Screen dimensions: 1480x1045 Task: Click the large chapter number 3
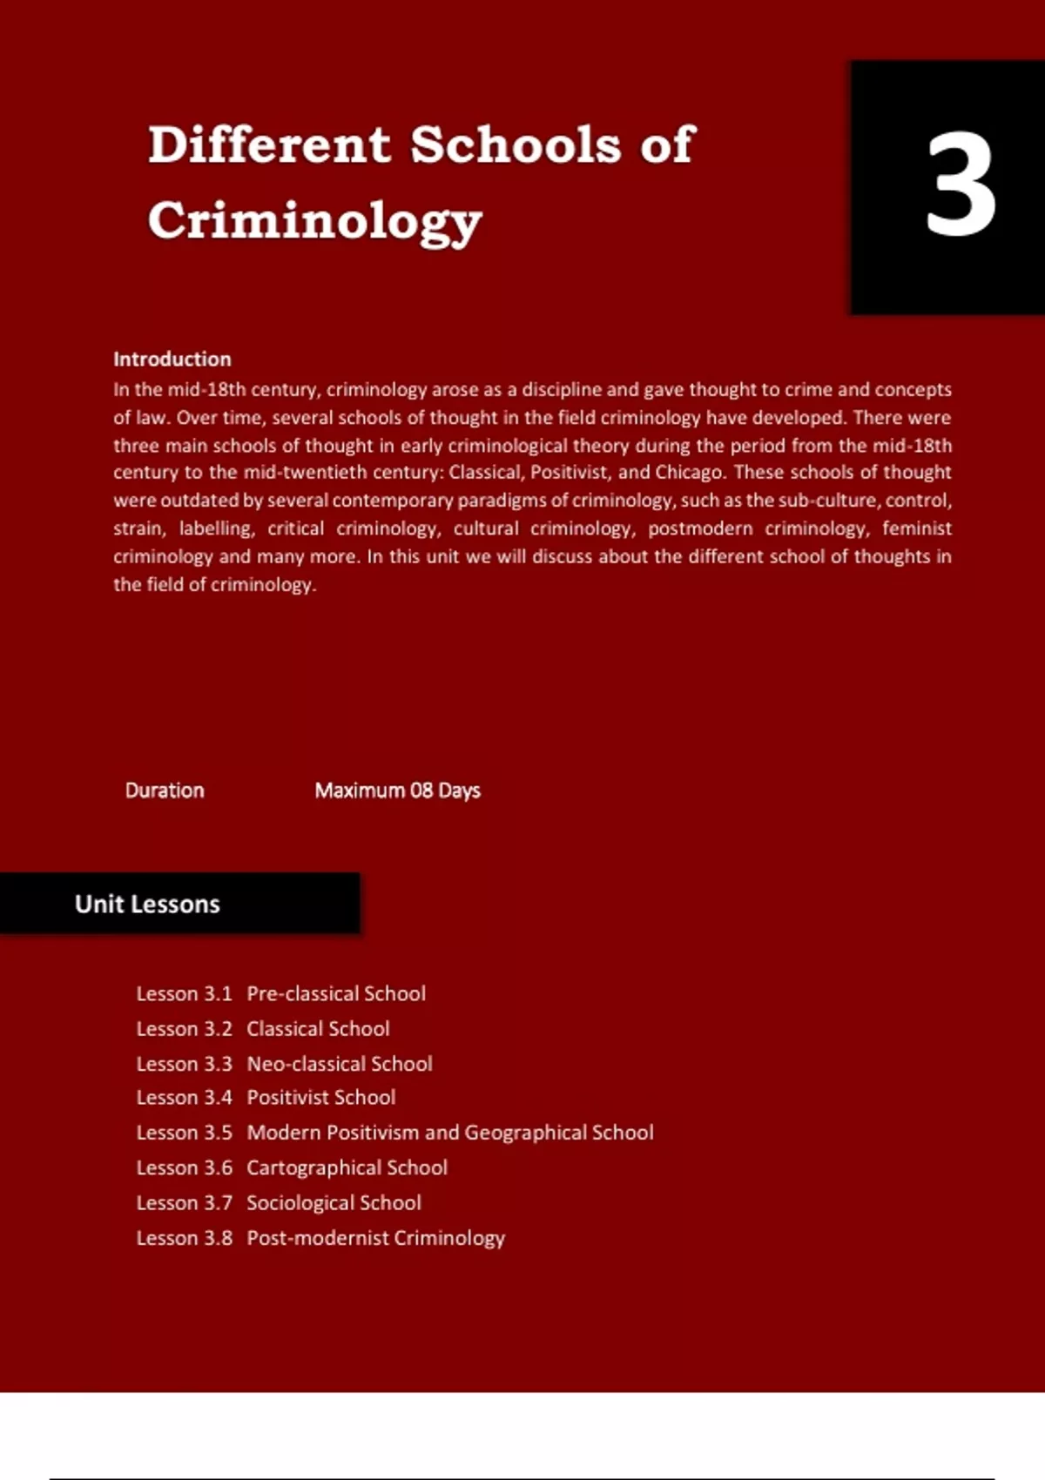(x=960, y=185)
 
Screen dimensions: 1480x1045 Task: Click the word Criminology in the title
(x=314, y=220)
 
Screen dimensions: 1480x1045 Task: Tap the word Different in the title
(x=269, y=145)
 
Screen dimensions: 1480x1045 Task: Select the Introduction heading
(x=172, y=359)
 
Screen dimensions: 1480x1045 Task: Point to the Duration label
(x=165, y=790)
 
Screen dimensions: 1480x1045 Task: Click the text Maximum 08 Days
(x=397, y=790)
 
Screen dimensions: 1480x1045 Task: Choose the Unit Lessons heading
(x=147, y=905)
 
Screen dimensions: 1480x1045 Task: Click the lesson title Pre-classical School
(x=336, y=993)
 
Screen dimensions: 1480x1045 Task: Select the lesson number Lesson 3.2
(x=184, y=1029)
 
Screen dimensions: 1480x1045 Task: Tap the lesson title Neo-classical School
(x=340, y=1064)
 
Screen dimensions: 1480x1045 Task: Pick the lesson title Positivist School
(x=320, y=1098)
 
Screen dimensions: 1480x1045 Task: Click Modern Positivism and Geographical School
(x=449, y=1133)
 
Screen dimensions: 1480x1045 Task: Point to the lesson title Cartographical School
(x=347, y=1167)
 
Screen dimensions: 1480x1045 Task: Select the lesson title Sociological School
(x=334, y=1203)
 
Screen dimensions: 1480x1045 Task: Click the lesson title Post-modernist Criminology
(x=375, y=1238)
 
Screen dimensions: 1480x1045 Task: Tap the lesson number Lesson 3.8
(x=184, y=1238)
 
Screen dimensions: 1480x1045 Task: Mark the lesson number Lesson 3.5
(x=184, y=1133)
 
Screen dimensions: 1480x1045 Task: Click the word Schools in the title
(x=516, y=145)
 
